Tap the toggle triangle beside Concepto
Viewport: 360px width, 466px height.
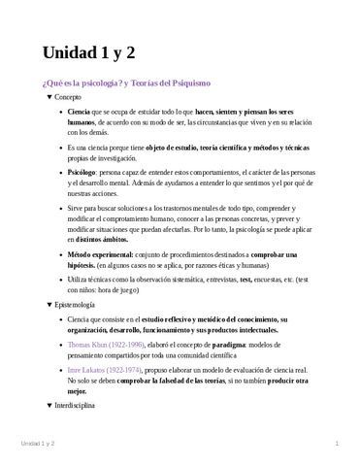point(49,98)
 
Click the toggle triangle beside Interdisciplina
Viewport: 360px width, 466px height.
point(49,405)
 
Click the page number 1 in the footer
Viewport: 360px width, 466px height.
point(336,444)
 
